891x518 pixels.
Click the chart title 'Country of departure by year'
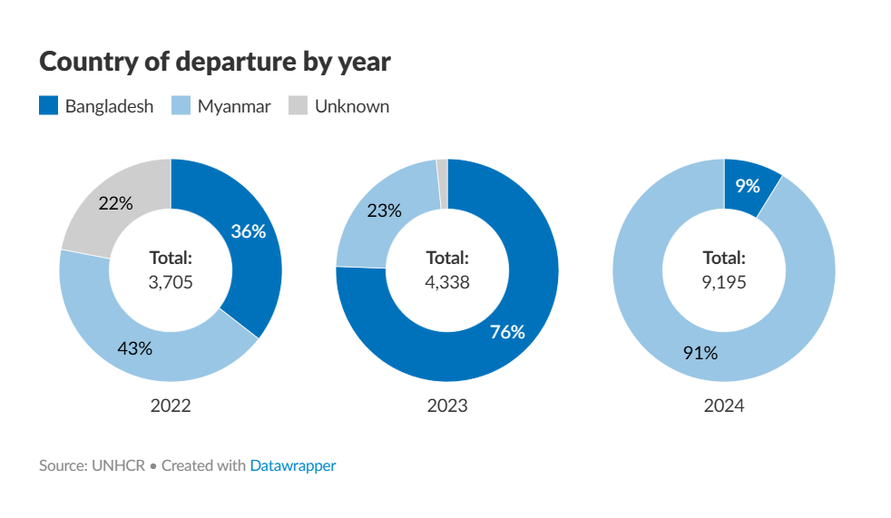click(x=215, y=62)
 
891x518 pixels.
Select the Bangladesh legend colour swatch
click(x=49, y=105)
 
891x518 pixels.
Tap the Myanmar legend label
click(x=234, y=106)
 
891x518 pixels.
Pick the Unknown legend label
click(x=351, y=106)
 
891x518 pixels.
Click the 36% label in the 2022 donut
click(x=248, y=231)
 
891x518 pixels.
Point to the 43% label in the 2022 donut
click(x=135, y=347)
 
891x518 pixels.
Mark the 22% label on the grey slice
click(x=115, y=203)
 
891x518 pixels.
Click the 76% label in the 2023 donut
click(x=507, y=332)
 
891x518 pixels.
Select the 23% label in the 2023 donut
click(x=385, y=210)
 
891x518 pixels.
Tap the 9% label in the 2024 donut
click(x=748, y=186)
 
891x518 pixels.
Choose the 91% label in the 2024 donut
click(x=700, y=353)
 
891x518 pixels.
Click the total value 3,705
click(x=171, y=281)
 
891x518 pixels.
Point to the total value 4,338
click(x=447, y=281)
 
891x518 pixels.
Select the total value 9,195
click(x=724, y=281)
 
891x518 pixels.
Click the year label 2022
click(x=171, y=406)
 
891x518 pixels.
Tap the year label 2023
click(x=447, y=406)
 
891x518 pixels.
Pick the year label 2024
click(x=724, y=406)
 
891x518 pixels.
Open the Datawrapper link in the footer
click(x=292, y=465)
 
